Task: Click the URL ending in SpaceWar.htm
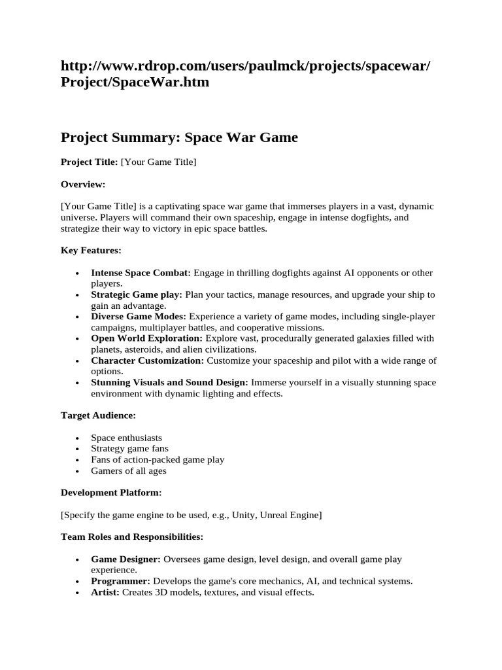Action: [246, 75]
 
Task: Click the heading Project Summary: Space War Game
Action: [179, 137]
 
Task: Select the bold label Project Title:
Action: [89, 162]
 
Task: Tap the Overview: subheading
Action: [83, 185]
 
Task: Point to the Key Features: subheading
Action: [91, 251]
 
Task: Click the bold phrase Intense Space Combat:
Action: [141, 273]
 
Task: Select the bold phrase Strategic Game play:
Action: [137, 295]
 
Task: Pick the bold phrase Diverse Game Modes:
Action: [139, 317]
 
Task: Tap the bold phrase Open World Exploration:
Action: [147, 338]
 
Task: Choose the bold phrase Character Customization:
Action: [147, 361]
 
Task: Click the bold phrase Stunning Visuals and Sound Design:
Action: [169, 382]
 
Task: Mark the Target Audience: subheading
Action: [99, 415]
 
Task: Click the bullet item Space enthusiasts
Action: [126, 438]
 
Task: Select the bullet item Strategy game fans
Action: [129, 449]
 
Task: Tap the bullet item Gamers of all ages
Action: [129, 470]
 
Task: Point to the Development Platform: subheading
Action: [111, 493]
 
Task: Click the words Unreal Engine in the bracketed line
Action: [290, 515]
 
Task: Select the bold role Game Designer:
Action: [125, 559]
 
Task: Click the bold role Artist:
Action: [105, 592]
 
